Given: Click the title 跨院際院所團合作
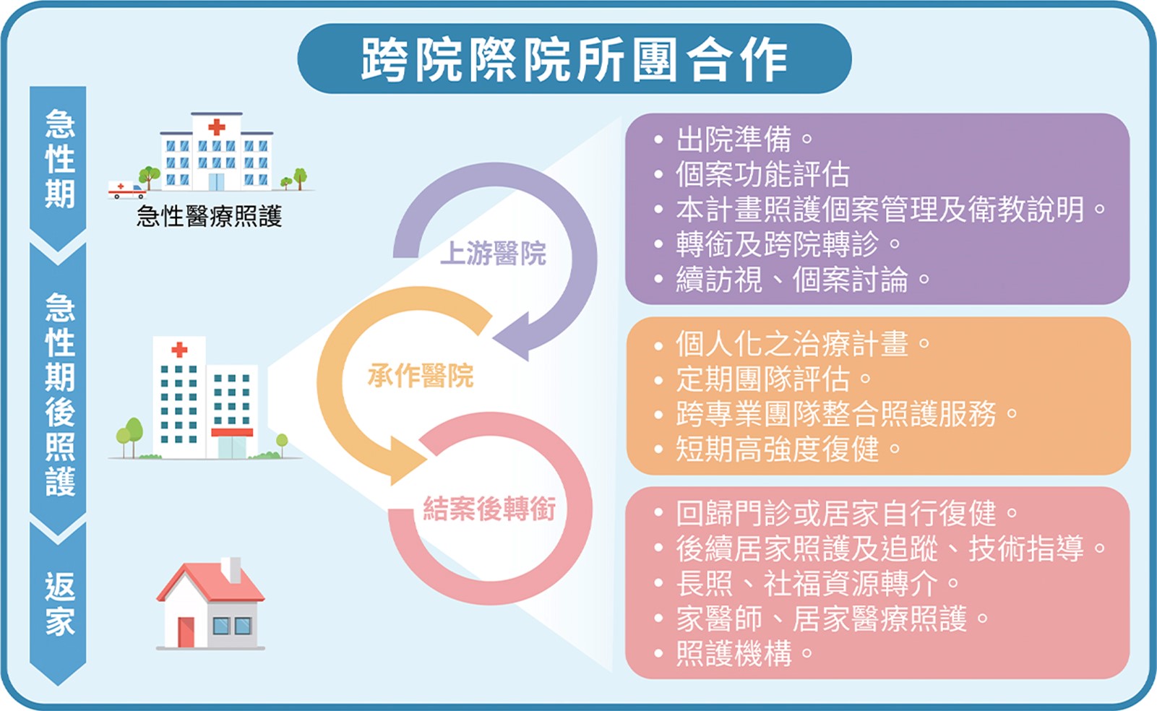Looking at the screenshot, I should point(575,59).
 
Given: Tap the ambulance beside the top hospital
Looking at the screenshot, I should point(126,190).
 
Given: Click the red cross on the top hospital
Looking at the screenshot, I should point(216,128).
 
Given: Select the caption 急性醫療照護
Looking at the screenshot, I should point(209,215).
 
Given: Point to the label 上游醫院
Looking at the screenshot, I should point(493,254).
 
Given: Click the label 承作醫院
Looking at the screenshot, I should point(420,376).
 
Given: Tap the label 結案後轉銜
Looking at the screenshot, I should point(489,509).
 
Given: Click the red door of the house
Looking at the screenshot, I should point(186,632).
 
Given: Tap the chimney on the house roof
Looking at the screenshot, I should point(231,570).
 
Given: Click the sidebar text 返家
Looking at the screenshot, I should point(59,604).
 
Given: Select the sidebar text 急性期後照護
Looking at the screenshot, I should point(59,394).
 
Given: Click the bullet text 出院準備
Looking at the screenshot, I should point(734,139).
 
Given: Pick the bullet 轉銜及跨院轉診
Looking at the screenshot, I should point(777,244).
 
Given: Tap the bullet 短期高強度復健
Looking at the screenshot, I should point(777,449).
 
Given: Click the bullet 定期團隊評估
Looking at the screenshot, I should point(762,379).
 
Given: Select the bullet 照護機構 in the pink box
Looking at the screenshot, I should point(734,653).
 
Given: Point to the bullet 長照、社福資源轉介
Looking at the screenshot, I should point(806,583).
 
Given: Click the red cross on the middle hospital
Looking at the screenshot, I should point(179,350).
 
